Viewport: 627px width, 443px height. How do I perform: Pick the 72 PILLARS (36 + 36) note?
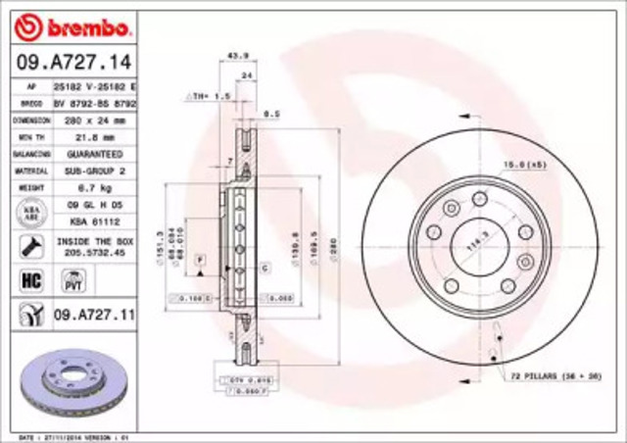[553, 375]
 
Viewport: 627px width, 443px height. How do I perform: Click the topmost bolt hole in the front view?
[479, 199]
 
